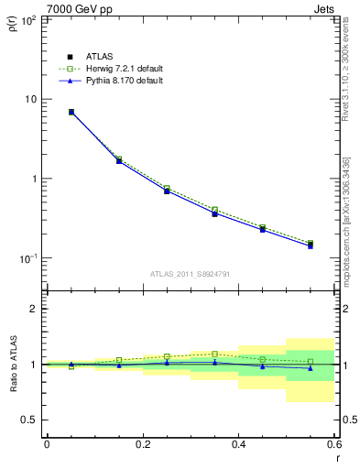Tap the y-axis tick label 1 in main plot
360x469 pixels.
click(34, 179)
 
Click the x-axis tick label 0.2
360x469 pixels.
click(142, 444)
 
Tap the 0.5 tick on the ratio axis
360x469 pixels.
click(29, 420)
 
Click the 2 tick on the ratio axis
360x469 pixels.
click(34, 309)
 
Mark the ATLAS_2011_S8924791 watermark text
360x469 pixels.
click(190, 274)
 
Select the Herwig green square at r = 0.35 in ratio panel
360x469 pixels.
click(214, 354)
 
